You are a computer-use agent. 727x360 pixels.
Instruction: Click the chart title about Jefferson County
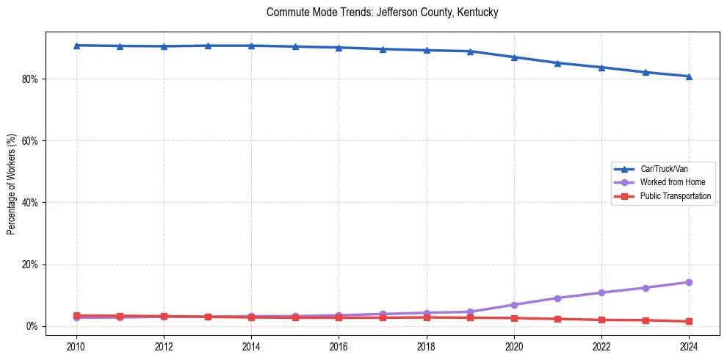383,12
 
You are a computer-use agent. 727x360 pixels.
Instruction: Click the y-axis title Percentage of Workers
11,184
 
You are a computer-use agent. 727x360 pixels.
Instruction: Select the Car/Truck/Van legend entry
664,169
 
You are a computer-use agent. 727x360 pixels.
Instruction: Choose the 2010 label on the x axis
76,346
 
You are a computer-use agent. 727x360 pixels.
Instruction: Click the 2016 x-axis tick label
339,346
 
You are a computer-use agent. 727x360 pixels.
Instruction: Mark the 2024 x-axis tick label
689,346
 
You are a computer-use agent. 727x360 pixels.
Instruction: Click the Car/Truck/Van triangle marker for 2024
689,76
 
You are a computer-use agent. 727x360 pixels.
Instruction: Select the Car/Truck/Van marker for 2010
76,46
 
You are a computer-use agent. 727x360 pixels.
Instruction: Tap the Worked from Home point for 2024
689,282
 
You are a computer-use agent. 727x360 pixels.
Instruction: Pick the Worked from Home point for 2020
514,305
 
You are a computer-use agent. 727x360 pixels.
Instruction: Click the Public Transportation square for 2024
689,321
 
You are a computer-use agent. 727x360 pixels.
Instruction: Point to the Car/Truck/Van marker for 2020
514,57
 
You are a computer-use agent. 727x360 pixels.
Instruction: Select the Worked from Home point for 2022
601,292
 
